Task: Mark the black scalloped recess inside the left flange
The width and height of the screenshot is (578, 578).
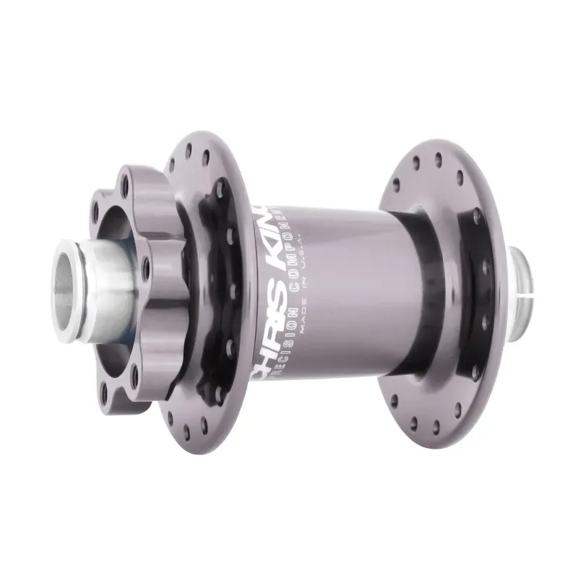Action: click(210, 289)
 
